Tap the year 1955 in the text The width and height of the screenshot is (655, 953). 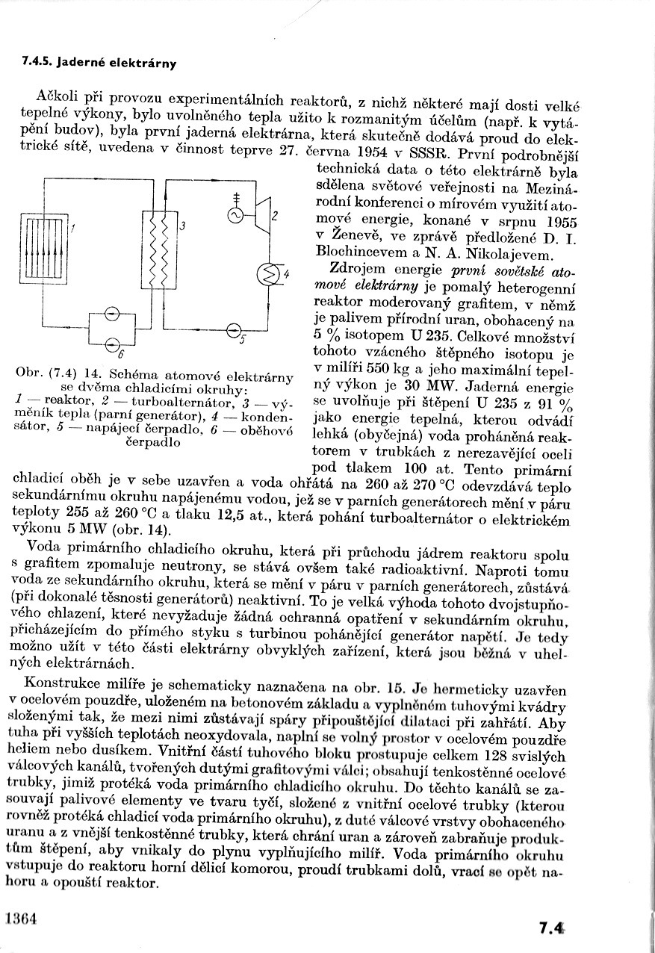(x=559, y=222)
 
